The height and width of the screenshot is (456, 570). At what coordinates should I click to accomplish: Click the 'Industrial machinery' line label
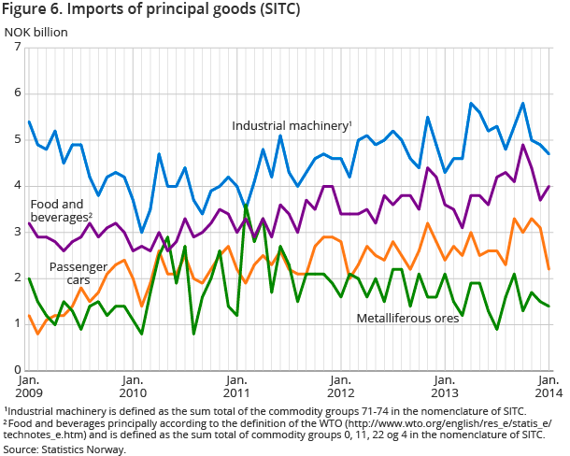pos(291,125)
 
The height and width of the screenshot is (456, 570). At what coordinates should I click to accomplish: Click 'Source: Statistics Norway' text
pos(64,449)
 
